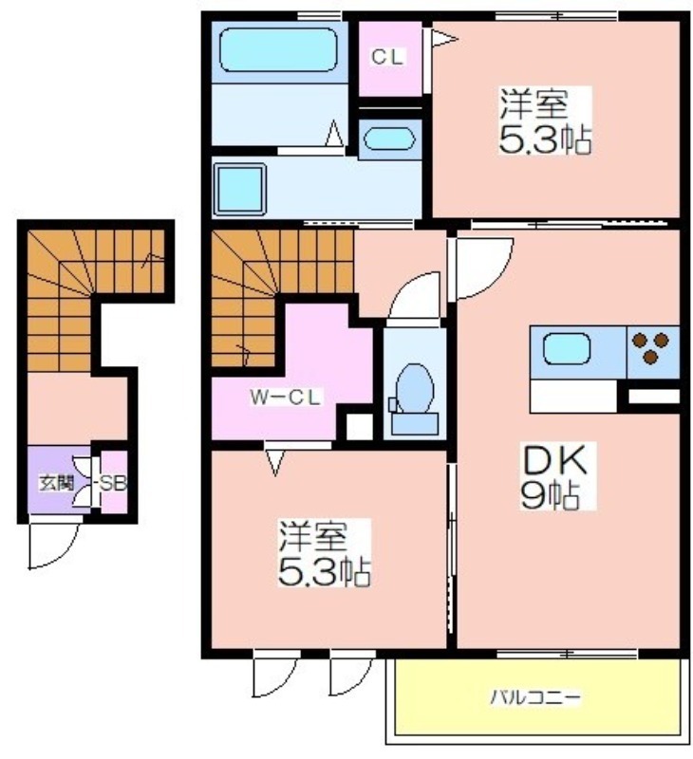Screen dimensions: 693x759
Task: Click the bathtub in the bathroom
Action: [x=278, y=50]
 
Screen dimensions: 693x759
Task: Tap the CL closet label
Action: [x=387, y=57]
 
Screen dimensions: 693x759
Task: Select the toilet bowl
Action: [x=414, y=388]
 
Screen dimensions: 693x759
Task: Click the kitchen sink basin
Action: [x=567, y=349]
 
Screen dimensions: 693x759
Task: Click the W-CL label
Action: [x=285, y=398]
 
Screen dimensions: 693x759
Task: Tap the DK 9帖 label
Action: [x=555, y=476]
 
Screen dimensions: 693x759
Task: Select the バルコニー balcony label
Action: [x=535, y=697]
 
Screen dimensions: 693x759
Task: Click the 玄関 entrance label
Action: [x=56, y=483]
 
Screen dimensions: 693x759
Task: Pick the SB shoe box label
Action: [x=112, y=483]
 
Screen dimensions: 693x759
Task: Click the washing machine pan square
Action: [x=239, y=189]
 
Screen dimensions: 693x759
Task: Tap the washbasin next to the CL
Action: [x=389, y=139]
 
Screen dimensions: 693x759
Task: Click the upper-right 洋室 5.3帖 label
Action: [x=545, y=121]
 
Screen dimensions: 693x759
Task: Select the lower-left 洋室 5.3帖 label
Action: [x=324, y=553]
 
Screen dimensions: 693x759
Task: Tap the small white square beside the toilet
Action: [x=360, y=427]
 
